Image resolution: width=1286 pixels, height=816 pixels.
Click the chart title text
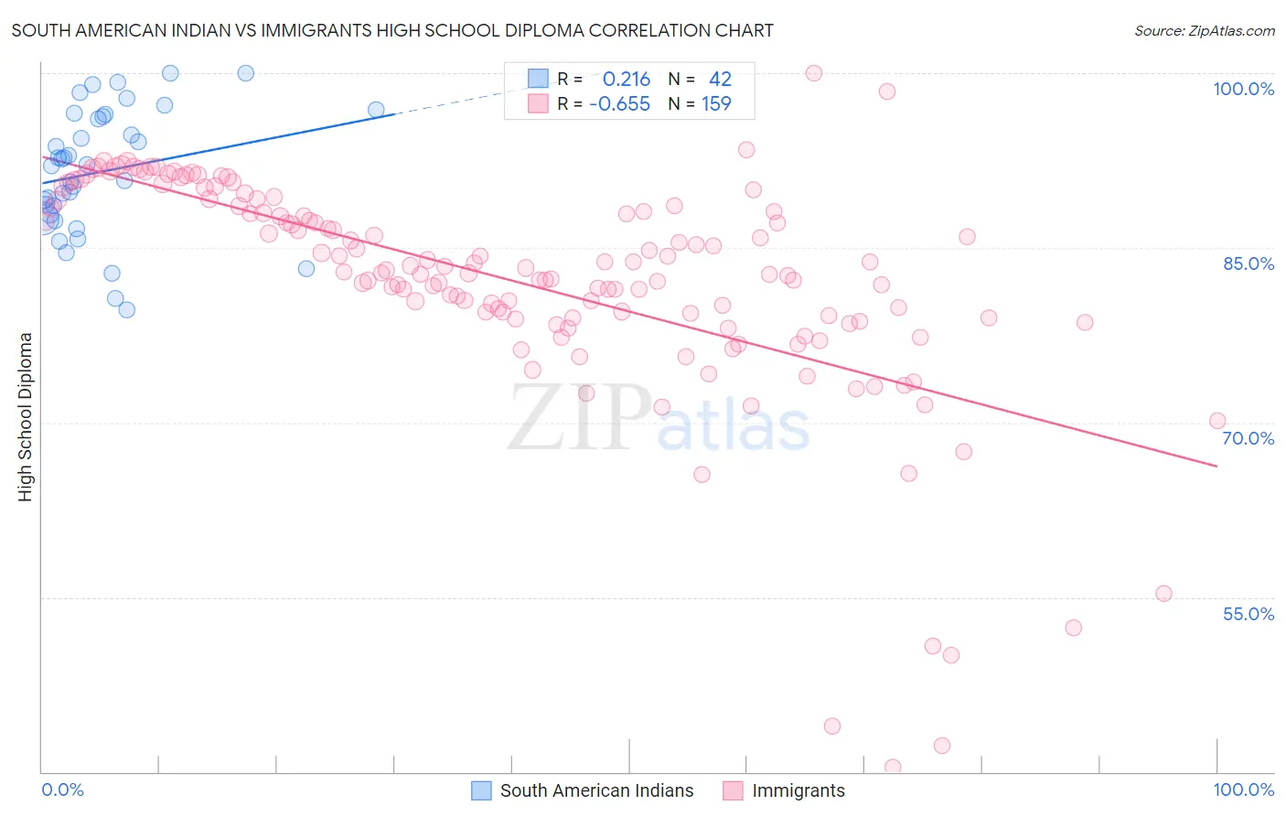392,31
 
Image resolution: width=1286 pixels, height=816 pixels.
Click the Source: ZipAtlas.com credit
1204,31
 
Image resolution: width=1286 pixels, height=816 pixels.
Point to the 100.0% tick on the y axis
1243,89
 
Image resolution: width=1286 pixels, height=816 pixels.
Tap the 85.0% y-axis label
1248,263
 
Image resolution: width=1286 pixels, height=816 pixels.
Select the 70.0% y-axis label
1248,438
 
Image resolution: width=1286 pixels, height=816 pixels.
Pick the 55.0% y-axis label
1248,614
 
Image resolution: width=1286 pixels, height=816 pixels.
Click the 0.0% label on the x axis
62,789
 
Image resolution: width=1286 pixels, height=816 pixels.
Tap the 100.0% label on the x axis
1243,789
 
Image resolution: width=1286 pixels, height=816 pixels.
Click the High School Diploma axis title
26,416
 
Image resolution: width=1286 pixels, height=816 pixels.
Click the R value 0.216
626,80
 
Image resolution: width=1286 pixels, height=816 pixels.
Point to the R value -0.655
619,103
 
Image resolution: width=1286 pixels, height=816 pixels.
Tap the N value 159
716,103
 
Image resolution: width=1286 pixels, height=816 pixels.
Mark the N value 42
720,80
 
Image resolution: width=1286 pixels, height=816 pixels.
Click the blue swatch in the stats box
538,80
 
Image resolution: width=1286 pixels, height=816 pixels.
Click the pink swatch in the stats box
538,103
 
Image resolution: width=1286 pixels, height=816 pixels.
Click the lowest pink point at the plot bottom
893,768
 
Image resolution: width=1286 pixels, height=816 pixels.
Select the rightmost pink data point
1217,421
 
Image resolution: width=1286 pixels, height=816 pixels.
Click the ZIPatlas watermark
659,419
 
